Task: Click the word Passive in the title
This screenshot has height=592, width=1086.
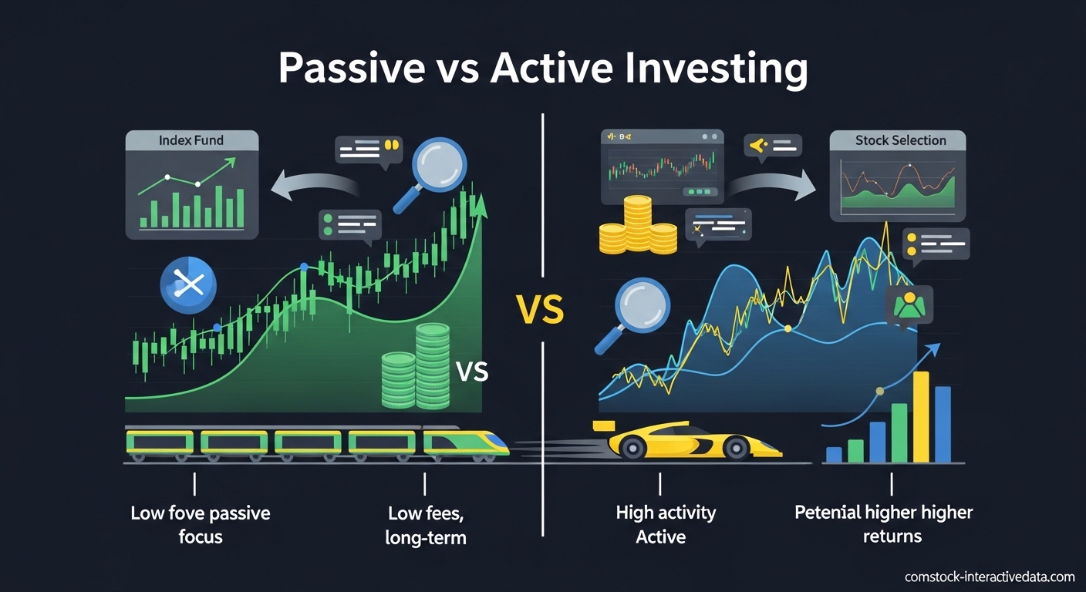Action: tap(352, 69)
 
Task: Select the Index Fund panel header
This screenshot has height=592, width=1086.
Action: tap(191, 141)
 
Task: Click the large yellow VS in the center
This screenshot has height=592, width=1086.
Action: tap(539, 312)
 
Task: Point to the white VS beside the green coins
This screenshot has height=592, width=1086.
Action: tap(472, 372)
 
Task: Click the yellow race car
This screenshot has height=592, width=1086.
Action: tap(686, 440)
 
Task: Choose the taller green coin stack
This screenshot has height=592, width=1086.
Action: tap(432, 365)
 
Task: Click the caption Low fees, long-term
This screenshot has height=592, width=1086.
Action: tap(425, 525)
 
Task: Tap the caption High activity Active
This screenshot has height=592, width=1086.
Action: tap(665, 524)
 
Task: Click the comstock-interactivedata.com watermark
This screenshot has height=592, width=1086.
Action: tap(990, 577)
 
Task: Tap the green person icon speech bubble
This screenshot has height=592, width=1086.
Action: tap(909, 304)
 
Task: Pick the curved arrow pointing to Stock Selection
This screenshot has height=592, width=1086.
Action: tap(771, 183)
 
